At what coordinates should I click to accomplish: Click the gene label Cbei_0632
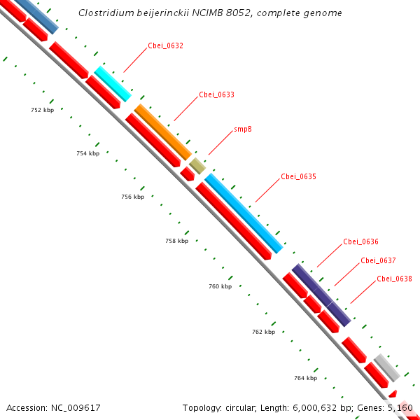click(166, 46)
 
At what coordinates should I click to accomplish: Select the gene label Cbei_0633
click(216, 94)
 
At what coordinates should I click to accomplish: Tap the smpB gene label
click(243, 129)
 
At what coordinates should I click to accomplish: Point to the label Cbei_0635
click(298, 176)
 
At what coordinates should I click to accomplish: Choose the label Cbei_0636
click(360, 242)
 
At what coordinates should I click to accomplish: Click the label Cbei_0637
click(378, 260)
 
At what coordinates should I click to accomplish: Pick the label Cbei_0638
click(394, 279)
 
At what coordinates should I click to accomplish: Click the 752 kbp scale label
click(43, 110)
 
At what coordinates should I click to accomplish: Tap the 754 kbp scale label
click(87, 153)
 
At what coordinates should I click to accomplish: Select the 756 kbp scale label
click(132, 197)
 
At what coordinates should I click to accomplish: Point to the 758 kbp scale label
click(176, 241)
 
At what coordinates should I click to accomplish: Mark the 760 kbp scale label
click(220, 286)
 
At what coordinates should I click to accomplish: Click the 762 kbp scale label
click(263, 332)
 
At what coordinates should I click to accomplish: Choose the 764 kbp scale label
click(305, 378)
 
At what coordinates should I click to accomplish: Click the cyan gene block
click(113, 84)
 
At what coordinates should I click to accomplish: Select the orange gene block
click(162, 132)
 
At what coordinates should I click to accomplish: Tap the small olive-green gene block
click(197, 166)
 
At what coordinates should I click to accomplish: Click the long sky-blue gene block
click(244, 213)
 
